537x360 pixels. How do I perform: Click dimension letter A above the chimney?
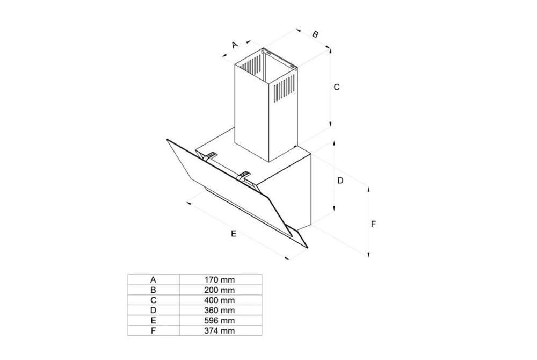(x=235, y=45)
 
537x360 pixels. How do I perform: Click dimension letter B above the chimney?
(x=315, y=34)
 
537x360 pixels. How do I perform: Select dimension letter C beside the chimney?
(x=337, y=87)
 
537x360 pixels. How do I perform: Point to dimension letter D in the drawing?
(x=340, y=180)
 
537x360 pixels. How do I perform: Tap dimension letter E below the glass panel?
(x=234, y=234)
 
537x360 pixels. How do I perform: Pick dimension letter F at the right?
(x=374, y=224)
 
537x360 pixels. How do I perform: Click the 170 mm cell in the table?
(x=220, y=280)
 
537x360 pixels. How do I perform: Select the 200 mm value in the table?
(x=220, y=290)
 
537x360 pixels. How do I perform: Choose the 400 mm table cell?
(x=220, y=300)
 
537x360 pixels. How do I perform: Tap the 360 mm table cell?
(x=220, y=311)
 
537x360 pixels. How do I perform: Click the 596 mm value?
(x=220, y=321)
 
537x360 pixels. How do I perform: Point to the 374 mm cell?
(x=220, y=331)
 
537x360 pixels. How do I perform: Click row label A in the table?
(x=153, y=280)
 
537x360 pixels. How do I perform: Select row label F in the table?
(x=153, y=331)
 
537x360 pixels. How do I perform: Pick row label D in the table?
(x=153, y=311)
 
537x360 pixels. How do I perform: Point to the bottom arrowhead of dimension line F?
(x=369, y=254)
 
